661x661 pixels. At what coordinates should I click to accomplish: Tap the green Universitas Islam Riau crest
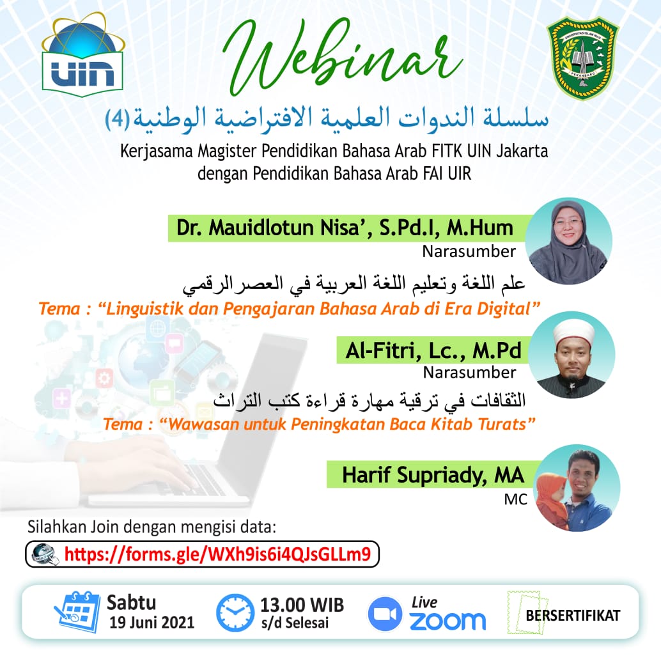(x=582, y=57)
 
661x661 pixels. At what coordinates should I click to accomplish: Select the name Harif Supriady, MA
(x=433, y=475)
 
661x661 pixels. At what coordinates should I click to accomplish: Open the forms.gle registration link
(x=217, y=553)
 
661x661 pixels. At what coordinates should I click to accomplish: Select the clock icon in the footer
(x=235, y=612)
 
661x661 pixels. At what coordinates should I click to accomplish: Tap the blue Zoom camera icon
(x=385, y=613)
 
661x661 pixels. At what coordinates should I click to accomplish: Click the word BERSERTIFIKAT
(x=573, y=616)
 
